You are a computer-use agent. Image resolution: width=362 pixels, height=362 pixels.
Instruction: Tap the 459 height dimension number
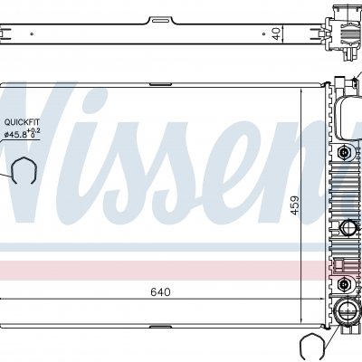[x=295, y=205]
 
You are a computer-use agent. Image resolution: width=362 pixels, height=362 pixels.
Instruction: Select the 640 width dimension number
[x=160, y=292]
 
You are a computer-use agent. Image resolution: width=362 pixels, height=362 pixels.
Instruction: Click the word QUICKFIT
[x=22, y=122]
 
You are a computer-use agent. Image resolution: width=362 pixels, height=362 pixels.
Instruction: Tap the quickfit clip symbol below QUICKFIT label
[x=24, y=170]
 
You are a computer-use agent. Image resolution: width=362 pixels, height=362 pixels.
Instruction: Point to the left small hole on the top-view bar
[x=32, y=34]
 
